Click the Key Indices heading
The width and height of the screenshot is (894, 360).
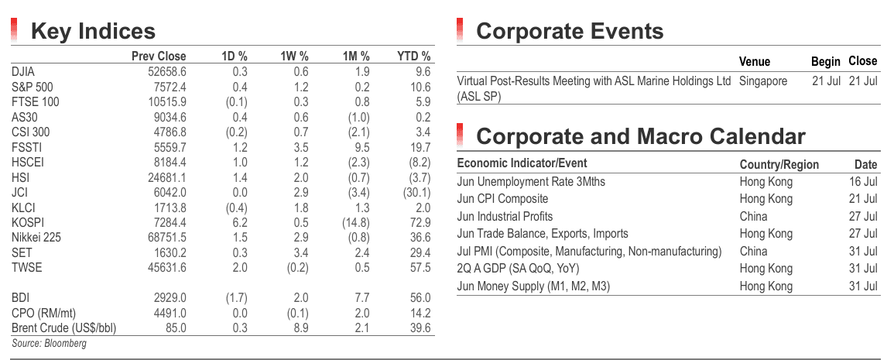pyautogui.click(x=93, y=31)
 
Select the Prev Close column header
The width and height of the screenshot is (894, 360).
pyautogui.click(x=159, y=56)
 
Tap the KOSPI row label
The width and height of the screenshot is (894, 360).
pyautogui.click(x=27, y=222)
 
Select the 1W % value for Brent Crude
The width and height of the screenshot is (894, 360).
pyautogui.click(x=302, y=328)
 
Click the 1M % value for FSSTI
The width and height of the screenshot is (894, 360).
pyautogui.click(x=362, y=147)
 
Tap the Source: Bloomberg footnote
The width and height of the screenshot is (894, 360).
pyautogui.click(x=49, y=343)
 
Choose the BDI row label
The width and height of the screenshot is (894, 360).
pyautogui.click(x=20, y=298)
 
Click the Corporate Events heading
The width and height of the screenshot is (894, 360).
pyautogui.click(x=570, y=31)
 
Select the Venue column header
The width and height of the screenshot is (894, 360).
pyautogui.click(x=755, y=62)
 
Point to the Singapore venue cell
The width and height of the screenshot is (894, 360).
pyautogui.click(x=763, y=81)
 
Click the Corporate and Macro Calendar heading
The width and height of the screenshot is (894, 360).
pyautogui.click(x=640, y=136)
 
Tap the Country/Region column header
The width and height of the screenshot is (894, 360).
pyautogui.click(x=779, y=165)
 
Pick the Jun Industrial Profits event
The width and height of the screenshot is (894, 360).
pyautogui.click(x=505, y=216)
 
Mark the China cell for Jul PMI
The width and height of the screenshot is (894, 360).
pyautogui.click(x=753, y=252)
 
